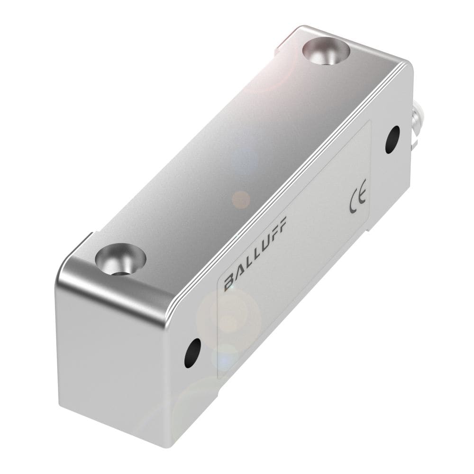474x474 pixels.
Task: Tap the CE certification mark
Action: point(357,200)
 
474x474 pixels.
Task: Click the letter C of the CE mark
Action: point(354,203)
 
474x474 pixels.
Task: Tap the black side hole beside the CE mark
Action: point(392,139)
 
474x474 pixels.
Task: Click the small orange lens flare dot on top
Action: point(241,199)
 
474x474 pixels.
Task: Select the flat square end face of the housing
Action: point(114,360)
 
